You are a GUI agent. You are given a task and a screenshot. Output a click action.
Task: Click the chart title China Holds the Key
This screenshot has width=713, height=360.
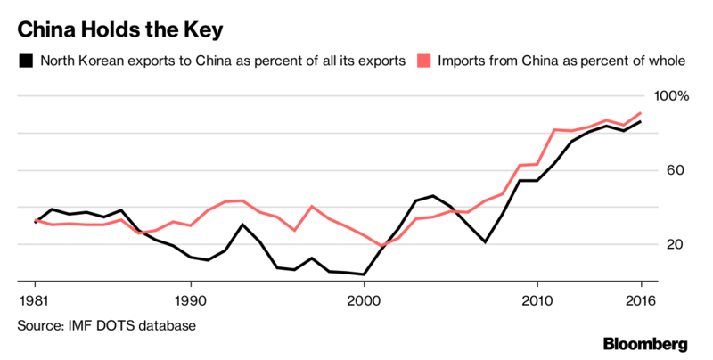(119, 29)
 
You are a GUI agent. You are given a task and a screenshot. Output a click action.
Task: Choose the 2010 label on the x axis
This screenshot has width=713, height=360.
(537, 299)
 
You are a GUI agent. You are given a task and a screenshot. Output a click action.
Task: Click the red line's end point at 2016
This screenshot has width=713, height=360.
(640, 113)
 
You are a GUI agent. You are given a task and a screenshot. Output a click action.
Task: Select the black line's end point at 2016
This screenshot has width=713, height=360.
(640, 121)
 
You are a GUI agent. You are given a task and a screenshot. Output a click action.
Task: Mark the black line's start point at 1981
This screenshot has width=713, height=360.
(36, 222)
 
